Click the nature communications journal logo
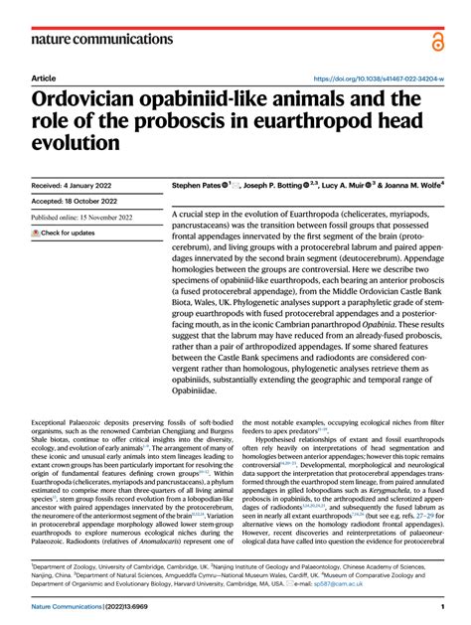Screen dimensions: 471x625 click(90, 39)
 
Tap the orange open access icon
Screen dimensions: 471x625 click(437, 41)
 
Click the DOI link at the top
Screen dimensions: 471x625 click(377, 78)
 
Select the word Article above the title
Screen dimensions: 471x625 click(44, 78)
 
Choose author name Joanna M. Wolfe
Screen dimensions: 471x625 click(411, 185)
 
